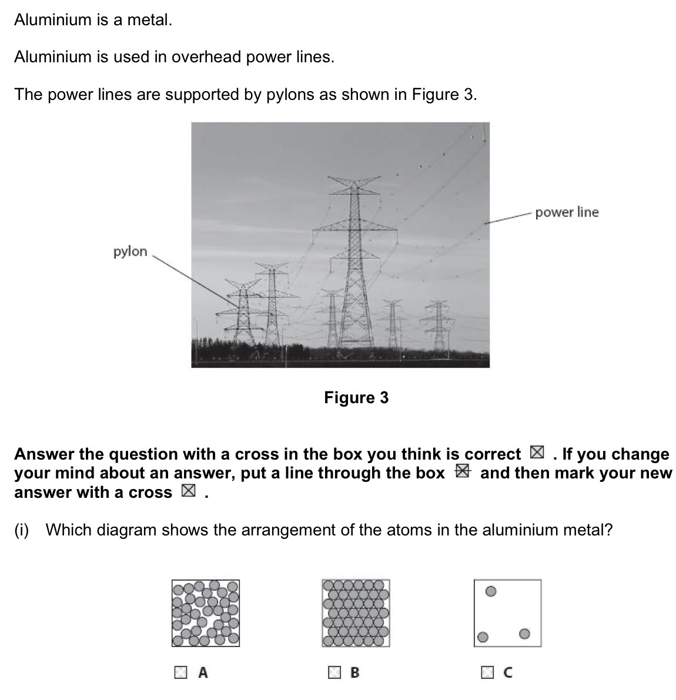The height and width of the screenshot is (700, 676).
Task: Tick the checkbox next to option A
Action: (181, 672)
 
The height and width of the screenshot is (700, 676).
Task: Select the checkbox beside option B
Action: (334, 672)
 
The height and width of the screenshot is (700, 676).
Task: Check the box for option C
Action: (487, 672)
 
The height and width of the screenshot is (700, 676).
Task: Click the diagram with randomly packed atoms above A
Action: (206, 613)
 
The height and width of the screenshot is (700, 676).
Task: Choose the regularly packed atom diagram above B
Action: (356, 613)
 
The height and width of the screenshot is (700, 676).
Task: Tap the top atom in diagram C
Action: (492, 591)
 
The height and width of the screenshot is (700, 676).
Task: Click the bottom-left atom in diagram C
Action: (483, 637)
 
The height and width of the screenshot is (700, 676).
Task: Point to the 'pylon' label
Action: (130, 252)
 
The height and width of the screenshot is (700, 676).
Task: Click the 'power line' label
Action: (567, 212)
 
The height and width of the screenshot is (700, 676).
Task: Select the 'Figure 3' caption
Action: (356, 398)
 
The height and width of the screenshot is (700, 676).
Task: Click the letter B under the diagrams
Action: (354, 672)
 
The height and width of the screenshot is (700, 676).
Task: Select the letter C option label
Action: (508, 672)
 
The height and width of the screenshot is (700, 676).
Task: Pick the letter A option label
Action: (203, 672)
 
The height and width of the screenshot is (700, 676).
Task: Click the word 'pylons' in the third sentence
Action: (291, 95)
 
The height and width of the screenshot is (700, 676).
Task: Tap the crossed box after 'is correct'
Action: (536, 453)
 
